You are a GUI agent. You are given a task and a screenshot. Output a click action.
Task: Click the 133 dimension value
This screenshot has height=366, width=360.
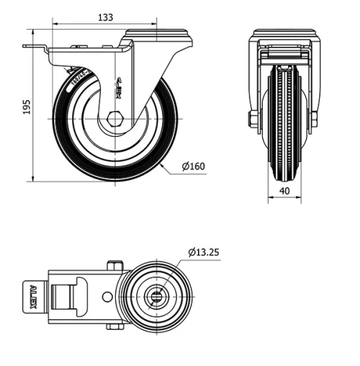105,17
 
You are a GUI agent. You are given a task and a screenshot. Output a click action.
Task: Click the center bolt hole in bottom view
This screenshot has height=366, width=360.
158,295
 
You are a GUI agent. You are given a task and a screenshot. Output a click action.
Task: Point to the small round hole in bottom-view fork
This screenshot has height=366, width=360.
107,295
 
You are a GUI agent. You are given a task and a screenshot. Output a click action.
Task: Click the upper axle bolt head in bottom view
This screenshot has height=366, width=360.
112,265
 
